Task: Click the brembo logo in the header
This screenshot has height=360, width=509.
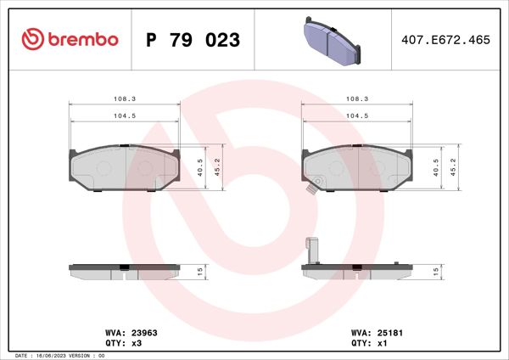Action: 70,39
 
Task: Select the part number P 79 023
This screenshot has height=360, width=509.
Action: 193,40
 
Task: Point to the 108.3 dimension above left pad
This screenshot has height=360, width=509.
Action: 124,98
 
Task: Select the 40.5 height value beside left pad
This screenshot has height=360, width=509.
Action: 200,166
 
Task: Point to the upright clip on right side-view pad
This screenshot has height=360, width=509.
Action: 310,252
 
